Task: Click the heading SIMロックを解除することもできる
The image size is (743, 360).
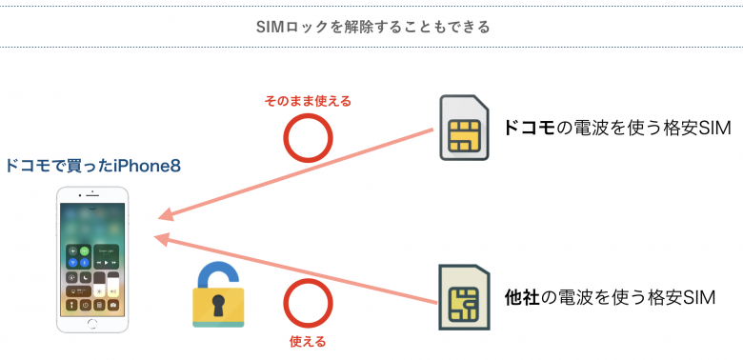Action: pos(371,27)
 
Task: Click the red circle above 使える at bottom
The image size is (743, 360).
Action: pos(309,303)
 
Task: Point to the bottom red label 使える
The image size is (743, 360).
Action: pos(308,341)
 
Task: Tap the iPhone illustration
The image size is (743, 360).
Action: pos(92,259)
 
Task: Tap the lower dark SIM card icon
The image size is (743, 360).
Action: pos(464,297)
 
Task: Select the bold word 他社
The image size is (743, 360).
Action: pos(522,298)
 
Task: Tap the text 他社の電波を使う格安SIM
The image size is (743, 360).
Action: pos(610,298)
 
